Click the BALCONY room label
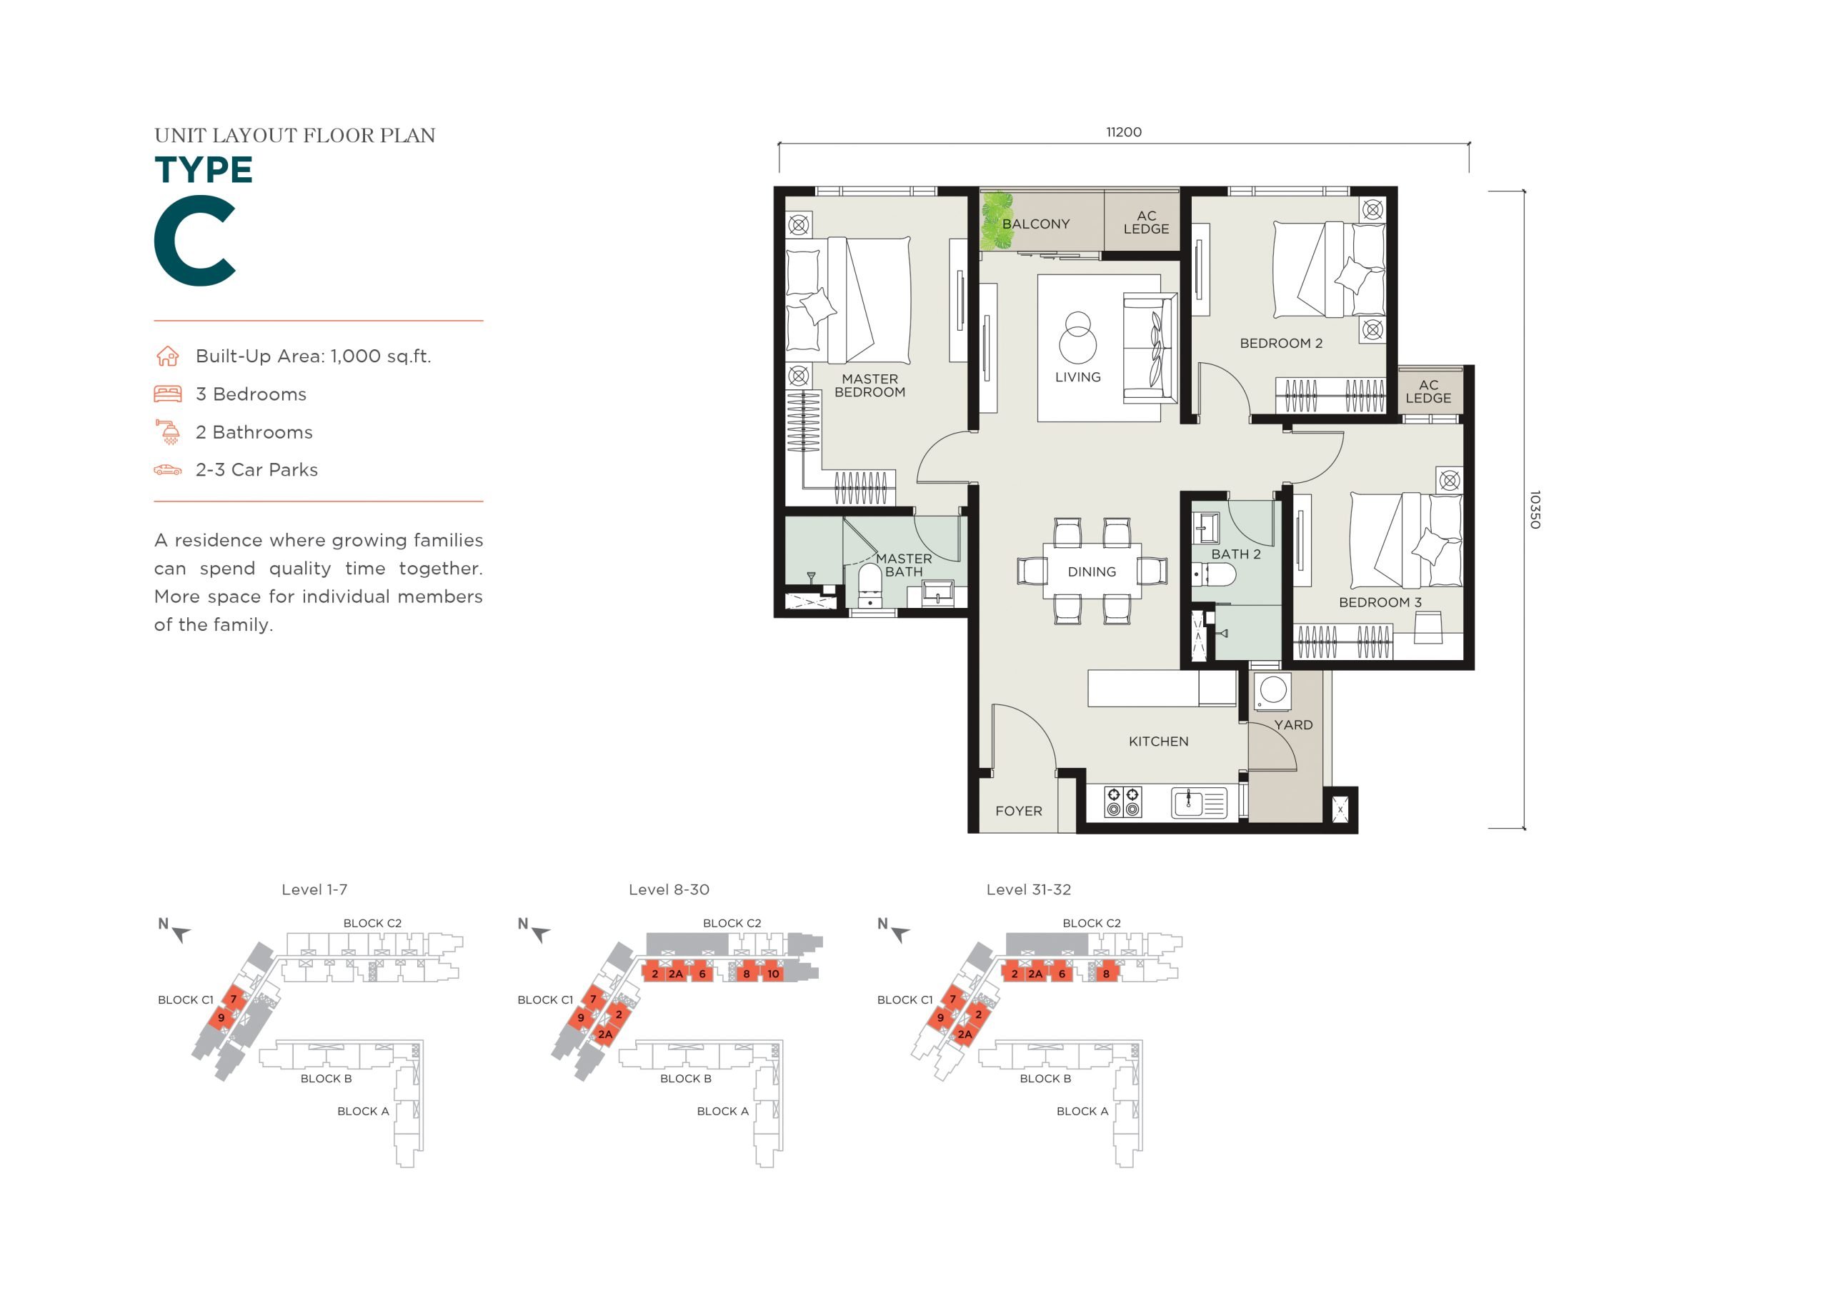(x=1035, y=224)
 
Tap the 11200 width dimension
(x=1123, y=132)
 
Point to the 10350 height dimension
(x=1534, y=510)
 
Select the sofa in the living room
(x=1150, y=348)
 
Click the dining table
(x=1092, y=571)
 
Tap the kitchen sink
(x=1199, y=803)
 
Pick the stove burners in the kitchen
(x=1123, y=802)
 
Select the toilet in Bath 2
(x=1214, y=574)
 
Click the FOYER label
(x=1018, y=811)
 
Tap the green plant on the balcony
(x=996, y=221)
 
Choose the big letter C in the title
(x=195, y=241)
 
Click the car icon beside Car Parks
(x=167, y=470)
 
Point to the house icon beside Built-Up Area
(x=167, y=356)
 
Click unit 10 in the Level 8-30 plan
(x=773, y=974)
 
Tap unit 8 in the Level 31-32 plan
(x=1106, y=974)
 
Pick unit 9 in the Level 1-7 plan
(x=221, y=1017)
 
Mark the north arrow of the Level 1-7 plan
(x=181, y=934)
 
